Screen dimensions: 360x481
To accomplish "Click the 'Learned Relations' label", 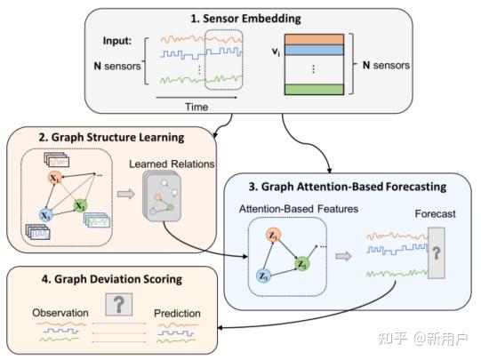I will [x=165, y=164].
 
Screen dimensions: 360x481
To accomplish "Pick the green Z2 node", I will [x=302, y=264].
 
